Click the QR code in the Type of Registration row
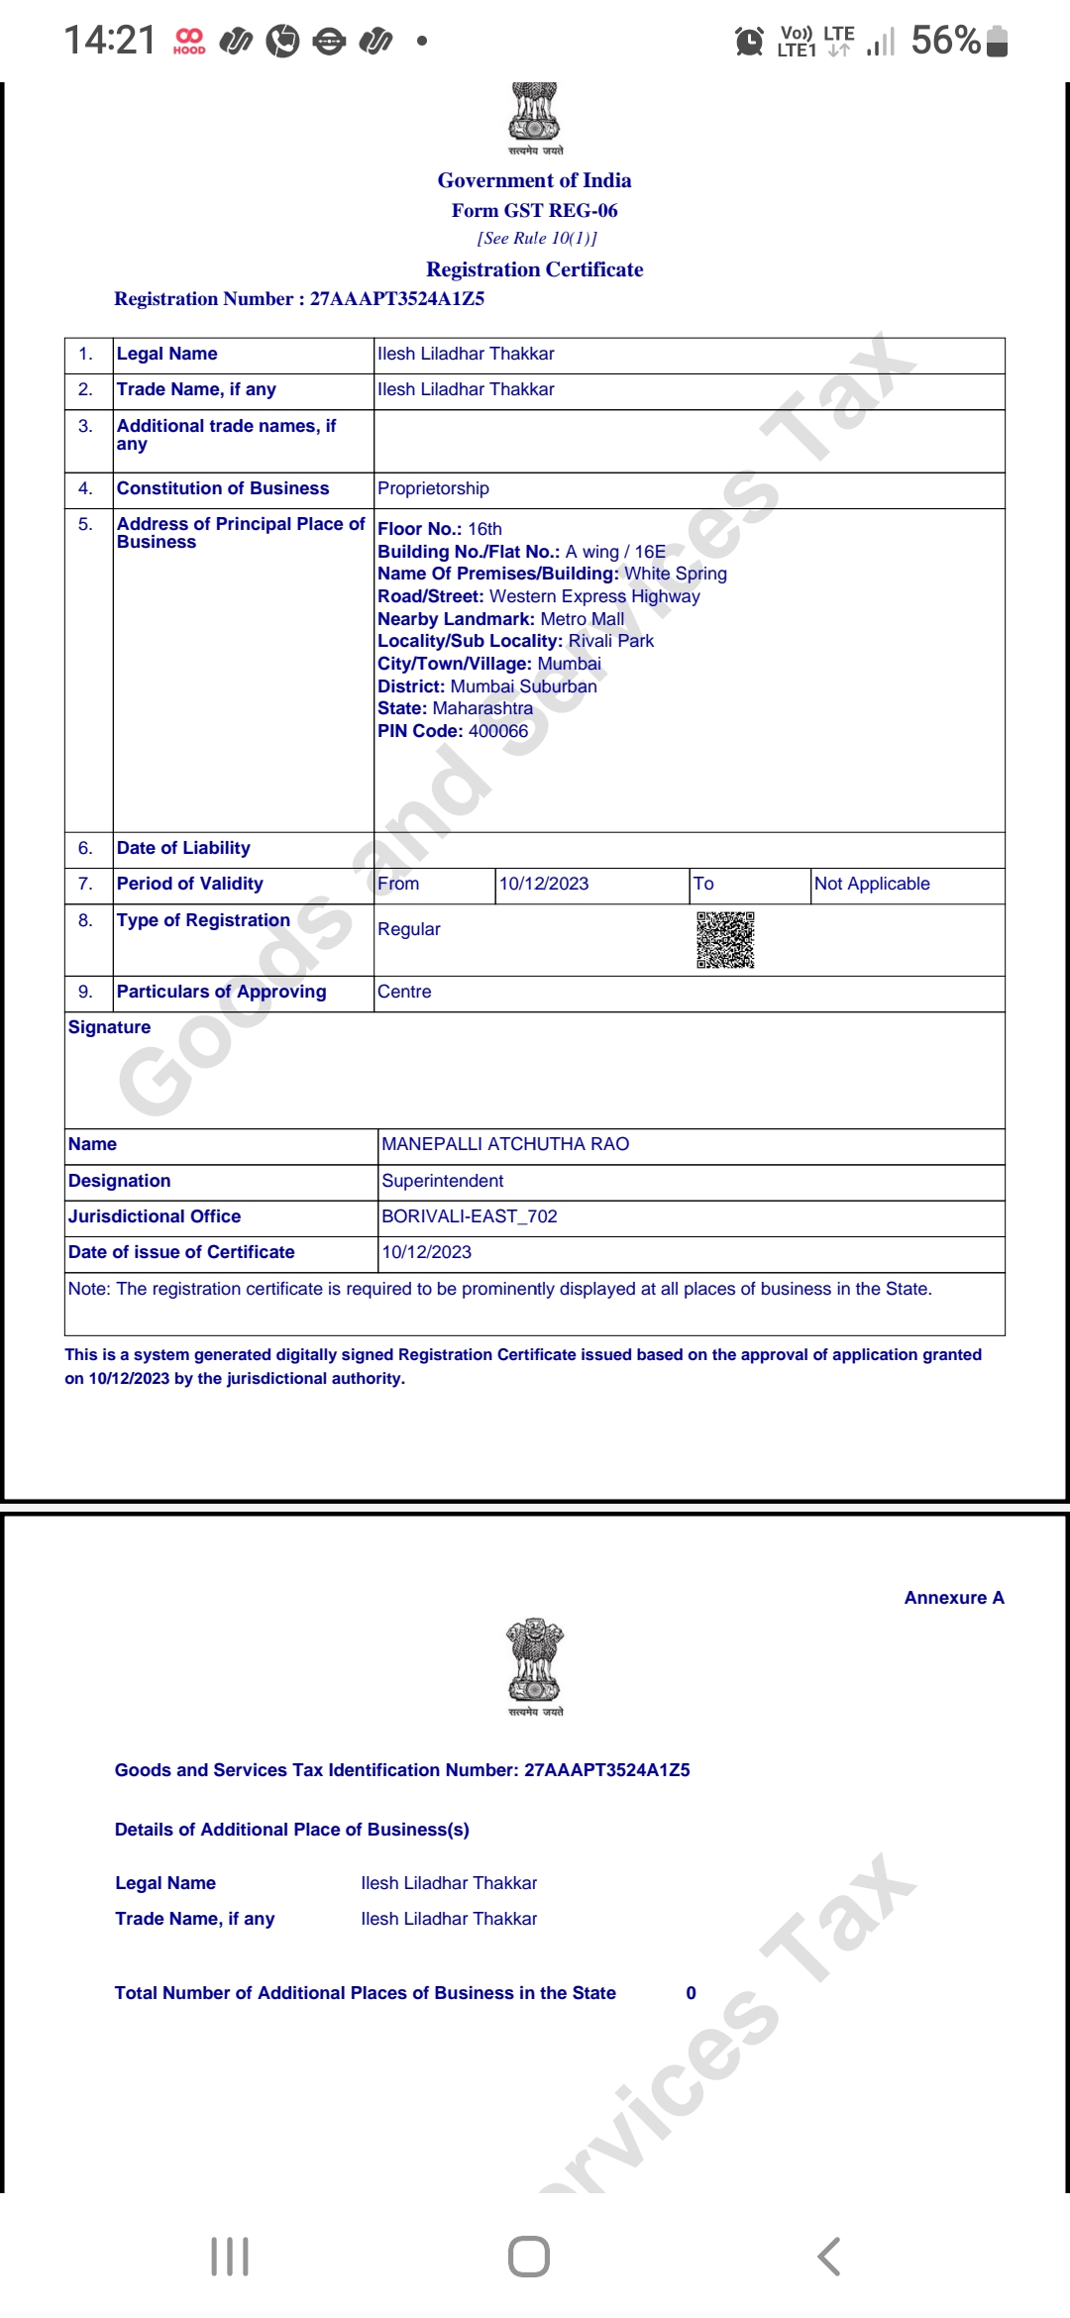(x=725, y=939)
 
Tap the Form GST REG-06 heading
(x=534, y=210)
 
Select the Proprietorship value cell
(x=433, y=488)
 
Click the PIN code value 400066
(x=498, y=731)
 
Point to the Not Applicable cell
(x=872, y=884)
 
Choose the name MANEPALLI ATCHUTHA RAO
(x=505, y=1144)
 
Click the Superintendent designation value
(x=442, y=1181)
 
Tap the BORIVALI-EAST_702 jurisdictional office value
(x=470, y=1216)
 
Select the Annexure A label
(x=954, y=1598)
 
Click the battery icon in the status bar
(x=998, y=41)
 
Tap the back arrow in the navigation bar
(x=829, y=2257)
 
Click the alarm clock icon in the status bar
(x=749, y=41)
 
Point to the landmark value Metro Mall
(x=582, y=619)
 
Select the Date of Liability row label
(x=183, y=848)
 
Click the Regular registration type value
(x=409, y=929)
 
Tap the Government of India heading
(x=534, y=180)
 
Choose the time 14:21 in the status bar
(x=110, y=41)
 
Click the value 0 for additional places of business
(x=692, y=1993)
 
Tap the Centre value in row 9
(x=404, y=992)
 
